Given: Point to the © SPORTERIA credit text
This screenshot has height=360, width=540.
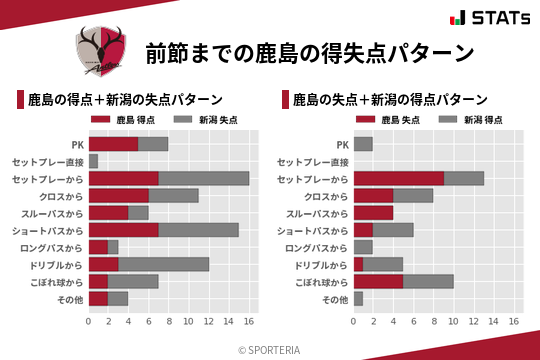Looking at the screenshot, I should tap(270, 349).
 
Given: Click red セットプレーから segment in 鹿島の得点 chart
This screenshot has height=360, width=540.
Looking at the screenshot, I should tap(124, 178).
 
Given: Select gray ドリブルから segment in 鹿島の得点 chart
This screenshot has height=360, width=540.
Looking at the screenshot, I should tap(164, 264).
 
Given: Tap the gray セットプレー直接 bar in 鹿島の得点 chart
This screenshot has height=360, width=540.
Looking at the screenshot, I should tap(94, 161).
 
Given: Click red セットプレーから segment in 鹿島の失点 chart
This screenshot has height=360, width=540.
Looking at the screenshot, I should tap(399, 178).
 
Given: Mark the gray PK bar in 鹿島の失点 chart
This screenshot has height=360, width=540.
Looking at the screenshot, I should tap(364, 144).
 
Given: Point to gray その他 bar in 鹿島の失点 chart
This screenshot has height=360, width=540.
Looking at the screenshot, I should tap(359, 298).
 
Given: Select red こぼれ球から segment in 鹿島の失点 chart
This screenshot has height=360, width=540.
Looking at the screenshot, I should tap(379, 281).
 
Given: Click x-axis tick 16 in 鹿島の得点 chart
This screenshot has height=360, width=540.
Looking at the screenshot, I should tap(249, 322).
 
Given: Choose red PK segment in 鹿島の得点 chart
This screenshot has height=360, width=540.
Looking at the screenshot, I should tap(114, 144).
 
